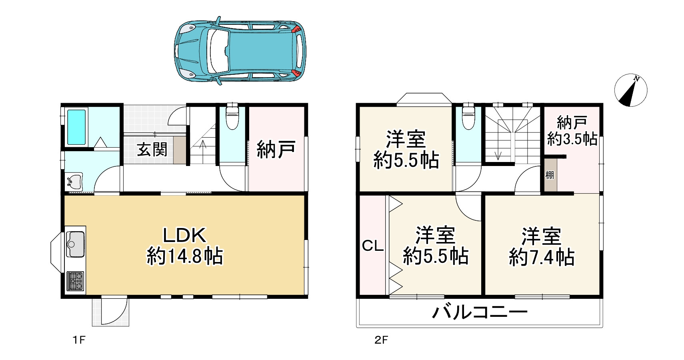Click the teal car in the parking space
click(x=240, y=51)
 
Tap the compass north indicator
click(x=630, y=90)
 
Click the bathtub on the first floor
click(x=76, y=127)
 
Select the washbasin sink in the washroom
click(x=74, y=182)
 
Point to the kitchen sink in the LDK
click(x=75, y=244)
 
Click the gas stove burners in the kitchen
click(x=75, y=281)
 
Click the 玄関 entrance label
click(x=152, y=150)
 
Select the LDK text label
click(x=185, y=235)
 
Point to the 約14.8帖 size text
click(x=185, y=256)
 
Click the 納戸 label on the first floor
click(x=276, y=149)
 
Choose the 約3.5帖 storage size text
click(x=572, y=139)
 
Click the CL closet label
click(x=372, y=246)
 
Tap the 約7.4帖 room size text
click(x=542, y=257)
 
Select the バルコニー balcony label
click(x=480, y=312)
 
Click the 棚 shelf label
click(x=550, y=175)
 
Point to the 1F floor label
click(x=79, y=340)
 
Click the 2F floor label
click(x=381, y=340)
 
